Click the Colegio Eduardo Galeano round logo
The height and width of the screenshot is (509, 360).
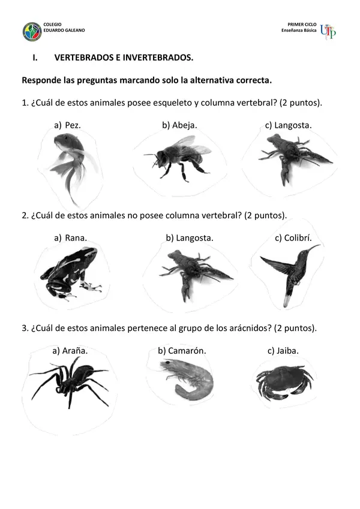coord(32,32)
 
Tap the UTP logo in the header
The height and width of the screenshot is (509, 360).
coord(328,32)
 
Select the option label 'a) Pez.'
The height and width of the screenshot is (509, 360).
coord(67,125)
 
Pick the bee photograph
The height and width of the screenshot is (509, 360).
coord(178,158)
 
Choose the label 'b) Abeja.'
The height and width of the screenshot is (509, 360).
coord(179,125)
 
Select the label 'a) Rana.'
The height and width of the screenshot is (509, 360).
coord(71,238)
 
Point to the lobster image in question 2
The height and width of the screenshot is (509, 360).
coord(195,275)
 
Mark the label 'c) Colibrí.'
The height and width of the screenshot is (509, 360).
coord(293,238)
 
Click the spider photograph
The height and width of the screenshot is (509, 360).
coord(70,382)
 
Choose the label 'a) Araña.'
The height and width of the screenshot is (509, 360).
coord(70,351)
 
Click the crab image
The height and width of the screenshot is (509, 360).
coord(284,382)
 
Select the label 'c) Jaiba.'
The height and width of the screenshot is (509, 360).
coord(283,351)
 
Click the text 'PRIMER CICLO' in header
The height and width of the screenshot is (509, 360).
coord(302,25)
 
